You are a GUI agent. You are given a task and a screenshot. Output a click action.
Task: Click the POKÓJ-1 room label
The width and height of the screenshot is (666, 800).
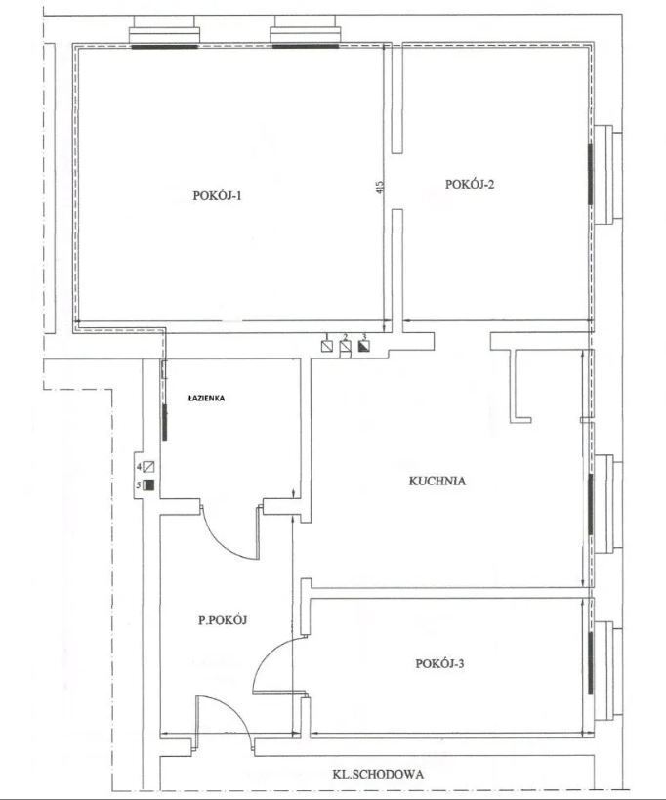click(217, 196)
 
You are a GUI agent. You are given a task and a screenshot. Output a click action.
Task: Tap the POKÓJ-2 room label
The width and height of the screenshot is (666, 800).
click(470, 185)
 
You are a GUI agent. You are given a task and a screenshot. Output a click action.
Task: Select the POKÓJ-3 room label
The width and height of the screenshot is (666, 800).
click(439, 664)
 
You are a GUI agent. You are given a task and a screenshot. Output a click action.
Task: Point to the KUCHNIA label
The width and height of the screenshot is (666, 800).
click(437, 481)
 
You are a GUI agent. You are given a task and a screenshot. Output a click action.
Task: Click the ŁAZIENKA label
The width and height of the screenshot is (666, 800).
click(206, 399)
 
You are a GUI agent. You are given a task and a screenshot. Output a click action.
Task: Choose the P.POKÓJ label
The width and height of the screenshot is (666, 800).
click(223, 620)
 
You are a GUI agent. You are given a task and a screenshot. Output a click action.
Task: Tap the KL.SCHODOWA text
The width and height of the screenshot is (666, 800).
click(378, 775)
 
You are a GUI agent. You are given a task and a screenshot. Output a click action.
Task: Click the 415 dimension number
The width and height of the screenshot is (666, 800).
click(379, 188)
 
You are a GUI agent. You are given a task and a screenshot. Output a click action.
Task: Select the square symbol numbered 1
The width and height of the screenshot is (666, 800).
click(327, 346)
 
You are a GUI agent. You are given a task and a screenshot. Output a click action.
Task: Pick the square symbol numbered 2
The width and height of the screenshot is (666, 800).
click(346, 347)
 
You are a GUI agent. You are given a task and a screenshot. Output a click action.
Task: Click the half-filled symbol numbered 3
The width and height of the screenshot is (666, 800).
click(363, 346)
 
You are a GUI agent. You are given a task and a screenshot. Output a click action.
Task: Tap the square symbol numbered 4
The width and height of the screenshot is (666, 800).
click(148, 466)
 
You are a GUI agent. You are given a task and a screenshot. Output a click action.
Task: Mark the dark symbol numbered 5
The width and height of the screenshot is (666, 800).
click(148, 484)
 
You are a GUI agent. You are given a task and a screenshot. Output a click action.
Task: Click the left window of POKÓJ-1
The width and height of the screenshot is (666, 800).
click(164, 47)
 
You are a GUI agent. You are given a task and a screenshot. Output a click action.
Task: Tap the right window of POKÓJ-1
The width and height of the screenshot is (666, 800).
click(305, 46)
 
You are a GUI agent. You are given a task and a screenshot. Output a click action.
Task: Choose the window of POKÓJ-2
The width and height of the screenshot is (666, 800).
click(591, 174)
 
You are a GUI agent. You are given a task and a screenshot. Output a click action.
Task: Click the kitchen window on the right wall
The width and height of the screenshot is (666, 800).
click(591, 504)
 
